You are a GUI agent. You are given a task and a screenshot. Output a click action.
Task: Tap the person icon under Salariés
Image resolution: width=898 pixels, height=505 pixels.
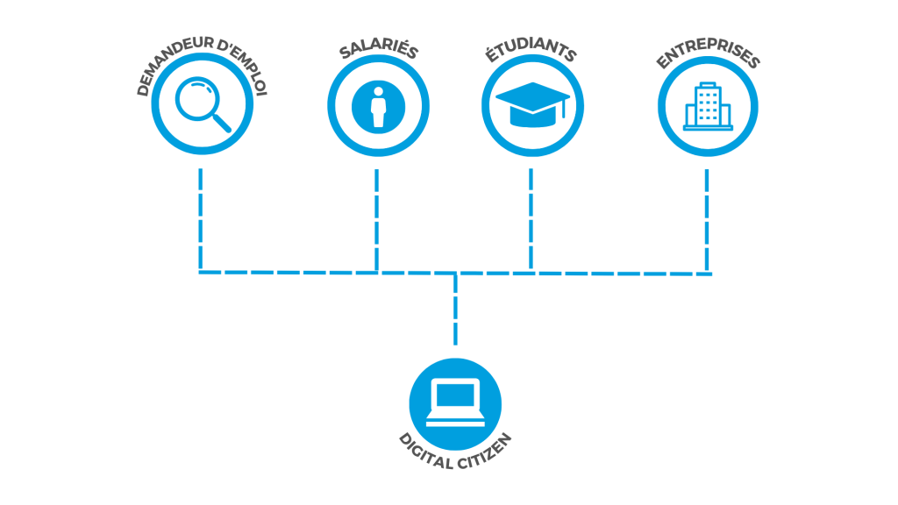378,107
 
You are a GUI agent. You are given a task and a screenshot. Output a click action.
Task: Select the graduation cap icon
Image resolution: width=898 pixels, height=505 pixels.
532,104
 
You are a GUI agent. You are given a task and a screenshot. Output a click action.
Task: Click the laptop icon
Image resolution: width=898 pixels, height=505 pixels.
455,402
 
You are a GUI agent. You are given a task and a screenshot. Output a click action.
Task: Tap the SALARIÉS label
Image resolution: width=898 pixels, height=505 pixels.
379,50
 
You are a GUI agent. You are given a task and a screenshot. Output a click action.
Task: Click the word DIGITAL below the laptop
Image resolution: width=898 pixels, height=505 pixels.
425,452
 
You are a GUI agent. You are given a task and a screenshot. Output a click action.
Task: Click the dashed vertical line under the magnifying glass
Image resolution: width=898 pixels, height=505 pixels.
201,219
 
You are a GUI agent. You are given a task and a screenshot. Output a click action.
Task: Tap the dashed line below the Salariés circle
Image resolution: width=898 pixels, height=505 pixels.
376,219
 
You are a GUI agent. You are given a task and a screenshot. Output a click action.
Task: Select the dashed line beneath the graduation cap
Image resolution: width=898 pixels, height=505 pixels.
531,219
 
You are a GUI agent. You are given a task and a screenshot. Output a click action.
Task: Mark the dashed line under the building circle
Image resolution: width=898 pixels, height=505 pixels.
707,219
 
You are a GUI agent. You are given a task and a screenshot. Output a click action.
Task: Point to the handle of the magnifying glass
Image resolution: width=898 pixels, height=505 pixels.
222,123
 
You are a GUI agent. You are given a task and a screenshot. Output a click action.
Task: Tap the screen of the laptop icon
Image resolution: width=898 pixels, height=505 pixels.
455,395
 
